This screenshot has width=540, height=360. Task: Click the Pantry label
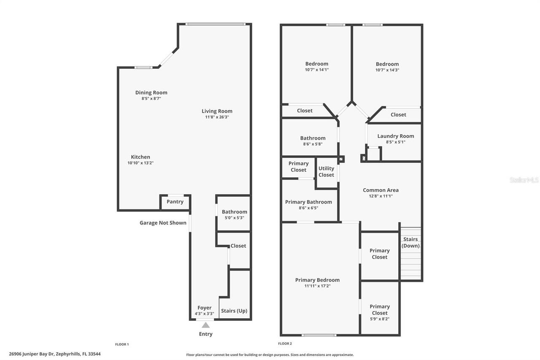pyautogui.click(x=175, y=202)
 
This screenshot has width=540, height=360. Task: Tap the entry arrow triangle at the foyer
pyautogui.click(x=205, y=325)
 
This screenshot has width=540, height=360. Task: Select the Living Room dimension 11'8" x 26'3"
pyautogui.click(x=217, y=117)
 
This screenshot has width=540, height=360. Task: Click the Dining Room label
pyautogui.click(x=151, y=92)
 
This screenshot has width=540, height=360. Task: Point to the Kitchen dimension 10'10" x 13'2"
pyautogui.click(x=140, y=163)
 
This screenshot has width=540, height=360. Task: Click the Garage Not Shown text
pyautogui.click(x=163, y=223)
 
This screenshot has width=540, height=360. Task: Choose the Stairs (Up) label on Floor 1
pyautogui.click(x=234, y=311)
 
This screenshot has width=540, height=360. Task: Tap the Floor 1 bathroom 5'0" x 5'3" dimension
pyautogui.click(x=234, y=218)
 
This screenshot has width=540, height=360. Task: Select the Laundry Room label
pyautogui.click(x=395, y=136)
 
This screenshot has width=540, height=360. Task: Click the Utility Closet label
pyautogui.click(x=326, y=171)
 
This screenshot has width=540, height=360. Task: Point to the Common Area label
pyautogui.click(x=381, y=190)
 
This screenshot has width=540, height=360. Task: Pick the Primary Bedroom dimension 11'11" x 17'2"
pyautogui.click(x=317, y=286)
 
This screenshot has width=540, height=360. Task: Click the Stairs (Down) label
pyautogui.click(x=410, y=242)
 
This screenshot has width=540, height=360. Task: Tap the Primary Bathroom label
pyautogui.click(x=308, y=202)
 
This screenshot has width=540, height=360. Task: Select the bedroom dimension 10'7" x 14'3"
pyautogui.click(x=387, y=70)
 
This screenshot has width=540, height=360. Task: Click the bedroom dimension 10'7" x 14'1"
pyautogui.click(x=316, y=70)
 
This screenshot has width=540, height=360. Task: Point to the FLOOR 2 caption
pyautogui.click(x=285, y=344)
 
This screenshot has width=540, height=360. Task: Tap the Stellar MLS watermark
pyautogui.click(x=524, y=180)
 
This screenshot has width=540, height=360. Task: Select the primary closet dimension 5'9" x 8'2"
pyautogui.click(x=380, y=319)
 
